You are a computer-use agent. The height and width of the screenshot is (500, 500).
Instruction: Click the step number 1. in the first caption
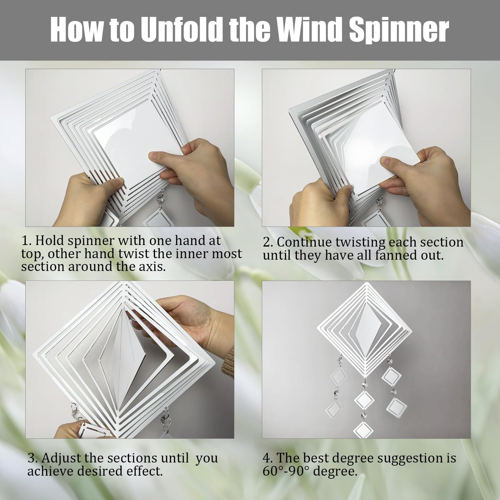pos(27,240)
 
